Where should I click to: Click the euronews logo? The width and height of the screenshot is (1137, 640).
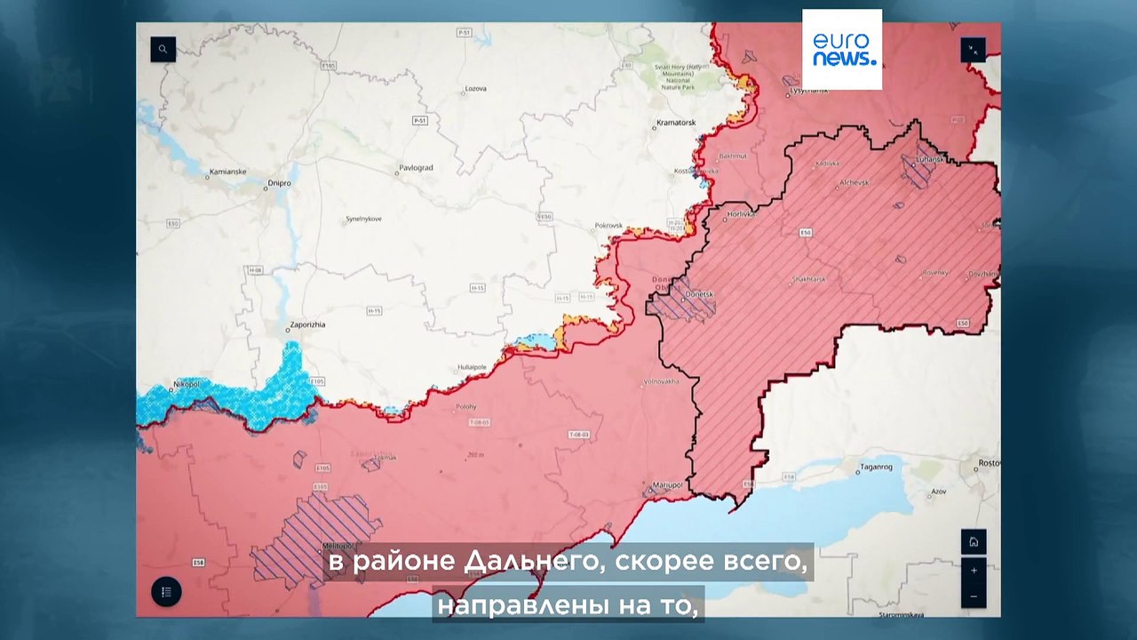(842, 49)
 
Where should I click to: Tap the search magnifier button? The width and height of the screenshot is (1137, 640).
(163, 49)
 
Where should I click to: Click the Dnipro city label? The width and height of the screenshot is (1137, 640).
(279, 183)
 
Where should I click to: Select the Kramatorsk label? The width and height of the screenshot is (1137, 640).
(675, 122)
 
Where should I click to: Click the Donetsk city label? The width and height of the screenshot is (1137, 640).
(700, 293)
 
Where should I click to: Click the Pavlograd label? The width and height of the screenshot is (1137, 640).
(416, 167)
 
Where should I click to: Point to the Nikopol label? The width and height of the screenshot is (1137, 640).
(186, 384)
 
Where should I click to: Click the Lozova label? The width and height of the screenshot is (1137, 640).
(476, 89)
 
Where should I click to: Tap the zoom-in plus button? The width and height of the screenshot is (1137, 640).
(974, 570)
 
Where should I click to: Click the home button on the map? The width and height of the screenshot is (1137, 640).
(974, 542)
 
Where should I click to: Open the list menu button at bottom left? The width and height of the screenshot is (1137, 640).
(166, 592)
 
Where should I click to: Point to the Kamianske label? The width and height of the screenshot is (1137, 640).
(227, 172)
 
